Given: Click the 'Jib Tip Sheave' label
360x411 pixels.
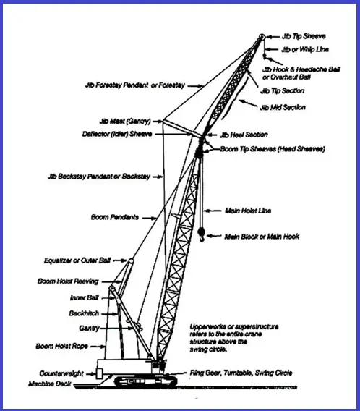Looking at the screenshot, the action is [x=304, y=36].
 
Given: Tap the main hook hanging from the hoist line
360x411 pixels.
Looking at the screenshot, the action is [x=202, y=234].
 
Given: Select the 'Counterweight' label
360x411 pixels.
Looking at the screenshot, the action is [x=61, y=373].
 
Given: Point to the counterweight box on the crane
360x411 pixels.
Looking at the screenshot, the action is [x=99, y=373].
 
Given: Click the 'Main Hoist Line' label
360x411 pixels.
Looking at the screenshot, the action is [x=248, y=211].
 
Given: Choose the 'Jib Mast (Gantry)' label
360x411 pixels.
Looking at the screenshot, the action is [x=125, y=122].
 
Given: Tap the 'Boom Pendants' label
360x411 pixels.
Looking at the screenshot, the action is [x=115, y=217].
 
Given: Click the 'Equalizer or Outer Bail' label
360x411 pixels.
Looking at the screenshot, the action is [x=77, y=260].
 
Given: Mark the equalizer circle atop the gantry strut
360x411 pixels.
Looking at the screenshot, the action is [x=131, y=260].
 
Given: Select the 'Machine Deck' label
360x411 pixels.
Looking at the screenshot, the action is [x=50, y=384].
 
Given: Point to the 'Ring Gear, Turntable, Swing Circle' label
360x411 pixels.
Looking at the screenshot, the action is [x=241, y=373].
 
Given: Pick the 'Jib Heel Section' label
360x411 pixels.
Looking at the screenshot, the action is [x=244, y=135].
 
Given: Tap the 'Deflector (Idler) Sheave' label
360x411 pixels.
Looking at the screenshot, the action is [x=117, y=134].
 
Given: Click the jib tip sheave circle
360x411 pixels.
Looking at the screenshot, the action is [x=262, y=37].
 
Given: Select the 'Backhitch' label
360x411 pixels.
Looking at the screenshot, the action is [x=84, y=313].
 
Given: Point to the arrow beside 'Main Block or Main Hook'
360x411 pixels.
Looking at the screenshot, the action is [x=214, y=236].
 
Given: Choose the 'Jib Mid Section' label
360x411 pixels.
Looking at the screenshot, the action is [x=283, y=107].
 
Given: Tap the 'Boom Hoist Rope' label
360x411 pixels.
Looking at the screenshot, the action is [x=61, y=347].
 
